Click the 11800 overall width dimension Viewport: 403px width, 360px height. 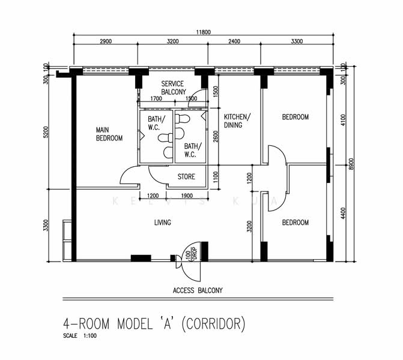pos(203,32)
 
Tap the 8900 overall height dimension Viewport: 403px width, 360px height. pos(351,164)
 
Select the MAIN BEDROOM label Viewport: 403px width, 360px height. pos(109,134)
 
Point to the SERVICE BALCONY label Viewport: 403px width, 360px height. pos(174,88)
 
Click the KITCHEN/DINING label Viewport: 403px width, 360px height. pos(237,121)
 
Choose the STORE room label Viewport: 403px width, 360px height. pos(186,176)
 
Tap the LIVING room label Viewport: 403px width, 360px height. pos(162,223)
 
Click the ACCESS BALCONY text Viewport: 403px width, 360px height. pos(198,290)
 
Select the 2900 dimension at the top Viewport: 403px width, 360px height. pos(106,41)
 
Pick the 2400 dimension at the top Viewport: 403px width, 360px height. pos(234,41)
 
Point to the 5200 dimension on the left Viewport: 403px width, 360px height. pos(46,132)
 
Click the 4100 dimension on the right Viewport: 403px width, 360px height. pos(343,120)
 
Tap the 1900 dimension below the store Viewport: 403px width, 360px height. pos(187,196)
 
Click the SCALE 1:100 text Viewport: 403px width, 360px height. pos(80,335)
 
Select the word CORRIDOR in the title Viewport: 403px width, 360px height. pos(213,324)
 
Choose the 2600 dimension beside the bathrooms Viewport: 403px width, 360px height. pos(216,136)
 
